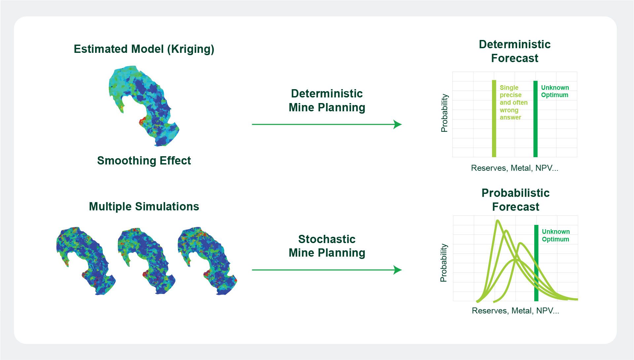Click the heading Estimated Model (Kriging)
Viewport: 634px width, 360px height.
pyautogui.click(x=144, y=49)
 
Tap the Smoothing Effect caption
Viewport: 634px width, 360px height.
pyautogui.click(x=144, y=161)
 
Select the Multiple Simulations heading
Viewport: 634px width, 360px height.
pyautogui.click(x=144, y=207)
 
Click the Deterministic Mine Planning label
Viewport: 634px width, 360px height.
pyautogui.click(x=327, y=100)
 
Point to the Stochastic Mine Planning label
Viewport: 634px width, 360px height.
pyautogui.click(x=327, y=246)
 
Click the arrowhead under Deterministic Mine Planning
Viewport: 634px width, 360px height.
pyautogui.click(x=398, y=125)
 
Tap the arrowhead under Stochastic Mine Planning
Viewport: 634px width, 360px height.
pyautogui.click(x=398, y=270)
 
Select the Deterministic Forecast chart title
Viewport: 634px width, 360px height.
pyautogui.click(x=514, y=51)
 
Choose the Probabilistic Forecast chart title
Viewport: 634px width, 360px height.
pyautogui.click(x=515, y=200)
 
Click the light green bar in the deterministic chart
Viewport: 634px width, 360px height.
pyautogui.click(x=494, y=119)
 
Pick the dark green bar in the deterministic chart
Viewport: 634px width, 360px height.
pyautogui.click(x=536, y=119)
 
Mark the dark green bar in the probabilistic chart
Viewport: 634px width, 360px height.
pyautogui.click(x=536, y=263)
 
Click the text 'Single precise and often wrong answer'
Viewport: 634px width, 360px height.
pyautogui.click(x=513, y=102)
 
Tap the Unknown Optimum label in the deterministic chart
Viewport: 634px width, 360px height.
pyautogui.click(x=555, y=91)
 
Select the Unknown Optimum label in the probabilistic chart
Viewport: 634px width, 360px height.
pyautogui.click(x=556, y=235)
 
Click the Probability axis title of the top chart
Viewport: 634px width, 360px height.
pyautogui.click(x=444, y=113)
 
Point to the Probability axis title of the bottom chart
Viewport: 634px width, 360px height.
pyautogui.click(x=443, y=263)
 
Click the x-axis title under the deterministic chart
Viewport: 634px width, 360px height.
pyautogui.click(x=514, y=168)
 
